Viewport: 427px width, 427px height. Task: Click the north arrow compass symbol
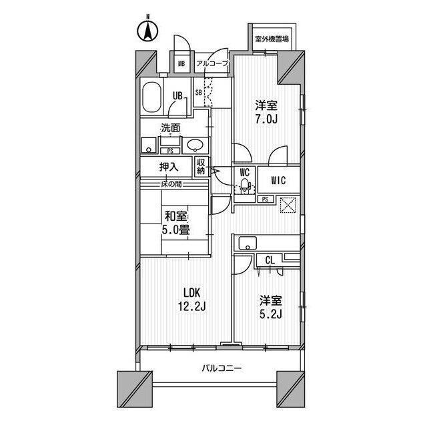click(147, 31)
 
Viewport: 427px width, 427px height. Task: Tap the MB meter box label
click(181, 64)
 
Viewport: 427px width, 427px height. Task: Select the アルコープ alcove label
click(212, 64)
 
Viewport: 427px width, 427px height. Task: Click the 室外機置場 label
click(272, 39)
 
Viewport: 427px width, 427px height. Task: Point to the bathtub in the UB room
click(151, 97)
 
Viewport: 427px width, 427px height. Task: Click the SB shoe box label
click(199, 93)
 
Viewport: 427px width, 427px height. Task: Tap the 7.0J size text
click(266, 119)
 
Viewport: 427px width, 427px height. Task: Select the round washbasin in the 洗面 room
click(195, 145)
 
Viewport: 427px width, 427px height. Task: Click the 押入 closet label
click(169, 167)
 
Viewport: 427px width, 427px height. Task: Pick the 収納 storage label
click(201, 167)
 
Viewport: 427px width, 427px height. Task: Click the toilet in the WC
click(245, 185)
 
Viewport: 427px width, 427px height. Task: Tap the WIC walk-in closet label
click(278, 180)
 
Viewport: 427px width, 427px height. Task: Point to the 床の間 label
click(171, 184)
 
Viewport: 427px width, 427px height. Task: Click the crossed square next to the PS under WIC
click(288, 205)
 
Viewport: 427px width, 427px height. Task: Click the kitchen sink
click(248, 243)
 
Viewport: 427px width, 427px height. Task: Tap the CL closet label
click(270, 261)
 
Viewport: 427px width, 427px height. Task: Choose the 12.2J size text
click(191, 307)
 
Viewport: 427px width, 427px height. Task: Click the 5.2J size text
click(270, 314)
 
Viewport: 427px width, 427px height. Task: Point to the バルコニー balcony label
click(222, 369)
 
